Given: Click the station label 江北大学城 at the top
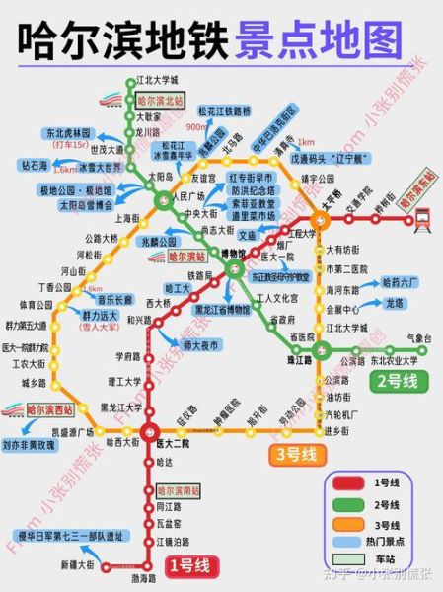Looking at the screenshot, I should point(157,79).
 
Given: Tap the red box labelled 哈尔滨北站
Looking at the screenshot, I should point(159,101).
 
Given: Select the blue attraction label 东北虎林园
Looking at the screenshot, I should point(66,132).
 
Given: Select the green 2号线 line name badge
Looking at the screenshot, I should point(395,380).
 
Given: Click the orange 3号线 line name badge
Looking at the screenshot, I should point(295,454).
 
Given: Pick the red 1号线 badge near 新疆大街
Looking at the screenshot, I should point(187,565).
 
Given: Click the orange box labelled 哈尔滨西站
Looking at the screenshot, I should point(49,408).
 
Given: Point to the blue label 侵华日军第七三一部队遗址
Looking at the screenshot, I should point(69,536).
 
